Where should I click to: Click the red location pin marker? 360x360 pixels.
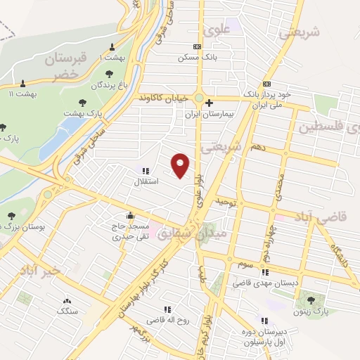pos(181,165)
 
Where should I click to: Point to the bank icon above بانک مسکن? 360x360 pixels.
pos(196,46)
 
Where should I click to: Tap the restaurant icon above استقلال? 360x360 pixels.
pos(146,171)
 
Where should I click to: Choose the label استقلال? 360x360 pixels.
pos(147,181)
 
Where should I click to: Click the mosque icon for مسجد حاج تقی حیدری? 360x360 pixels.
pos(129,216)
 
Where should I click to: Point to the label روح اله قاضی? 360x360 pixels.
pos(167,320)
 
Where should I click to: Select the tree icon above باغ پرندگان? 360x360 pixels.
pos(110,73)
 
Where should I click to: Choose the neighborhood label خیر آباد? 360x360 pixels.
pos(41,270)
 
